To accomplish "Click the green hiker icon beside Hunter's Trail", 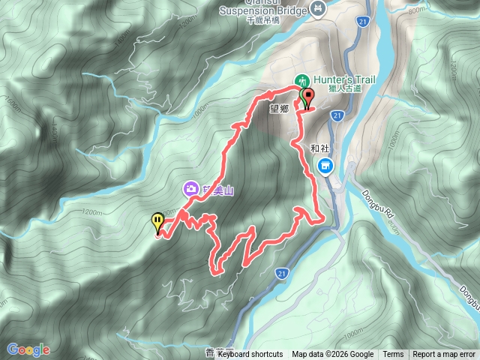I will coord(301,79).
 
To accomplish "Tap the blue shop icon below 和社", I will coord(325,166).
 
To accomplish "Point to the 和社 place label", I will coord(320,148).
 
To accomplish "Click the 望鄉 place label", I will coord(279,108).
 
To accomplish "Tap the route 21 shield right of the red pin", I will coord(337,115).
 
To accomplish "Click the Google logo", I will coord(28,349).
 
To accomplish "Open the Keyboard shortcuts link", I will coord(250,355).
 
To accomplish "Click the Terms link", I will coord(393,355).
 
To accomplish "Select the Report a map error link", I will coord(445,355).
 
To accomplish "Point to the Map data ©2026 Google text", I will coord(333,355).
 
